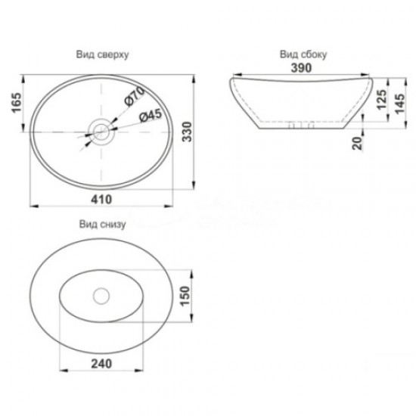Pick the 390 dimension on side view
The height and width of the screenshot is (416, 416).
303,67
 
